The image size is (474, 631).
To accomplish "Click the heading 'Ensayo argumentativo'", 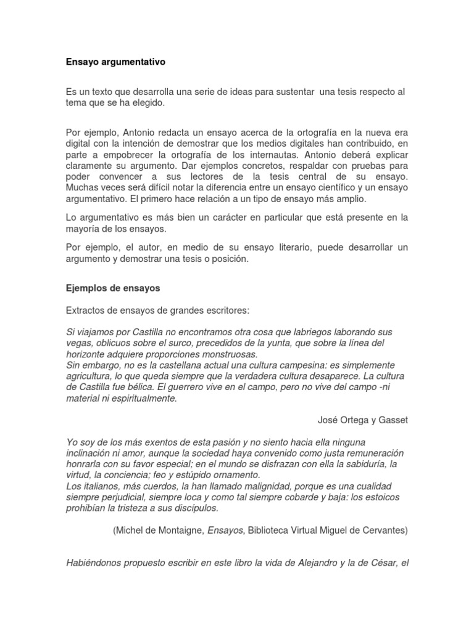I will coord(115,62).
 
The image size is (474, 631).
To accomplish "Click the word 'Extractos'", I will coord(86,309).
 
